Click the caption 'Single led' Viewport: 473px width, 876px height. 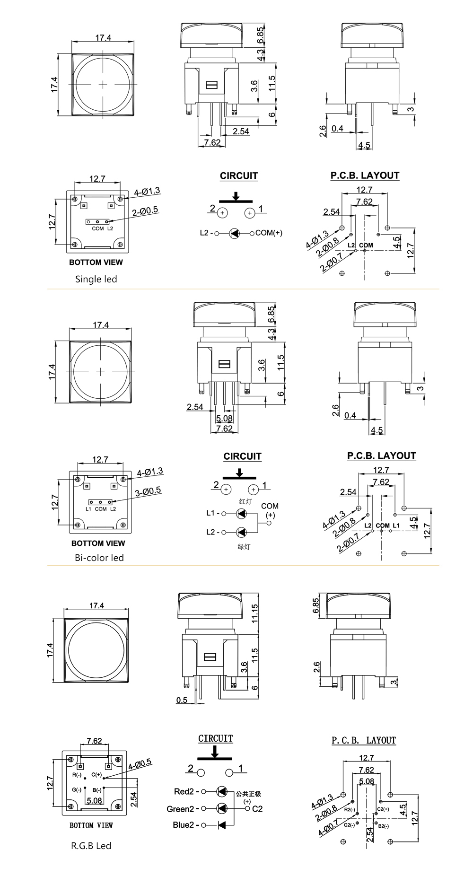96,279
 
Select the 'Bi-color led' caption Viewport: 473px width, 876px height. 99,558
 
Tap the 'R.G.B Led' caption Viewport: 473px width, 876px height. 91,845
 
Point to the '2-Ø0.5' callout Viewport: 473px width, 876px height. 146,212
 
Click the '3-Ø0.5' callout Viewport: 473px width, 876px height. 148,491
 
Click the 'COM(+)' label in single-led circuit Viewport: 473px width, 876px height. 269,233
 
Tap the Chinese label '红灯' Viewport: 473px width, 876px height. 245,501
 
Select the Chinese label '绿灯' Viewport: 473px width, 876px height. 244,547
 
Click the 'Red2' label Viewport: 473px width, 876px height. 184,791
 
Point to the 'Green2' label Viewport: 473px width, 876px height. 180,809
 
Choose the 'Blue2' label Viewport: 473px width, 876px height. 184,825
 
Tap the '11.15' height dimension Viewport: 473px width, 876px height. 255,613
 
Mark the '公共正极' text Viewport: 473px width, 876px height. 248,794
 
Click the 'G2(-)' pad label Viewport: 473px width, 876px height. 349,825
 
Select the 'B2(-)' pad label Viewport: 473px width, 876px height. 384,826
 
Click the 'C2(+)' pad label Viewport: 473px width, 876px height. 384,809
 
